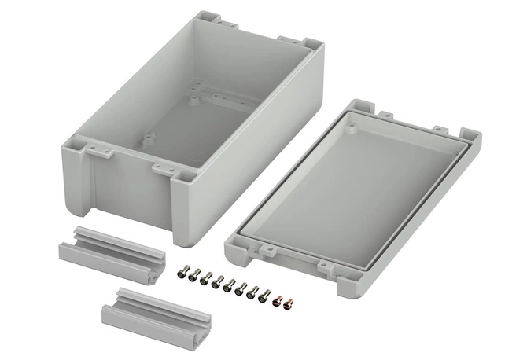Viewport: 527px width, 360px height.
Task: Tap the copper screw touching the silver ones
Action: [x=276, y=298]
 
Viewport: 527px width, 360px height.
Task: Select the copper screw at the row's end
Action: [x=288, y=301]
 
